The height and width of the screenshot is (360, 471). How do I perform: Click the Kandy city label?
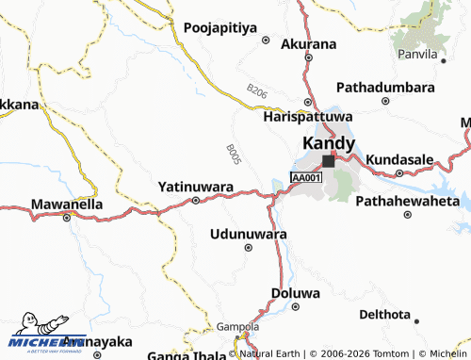(329, 143)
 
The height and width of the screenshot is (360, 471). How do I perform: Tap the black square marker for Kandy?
(328, 161)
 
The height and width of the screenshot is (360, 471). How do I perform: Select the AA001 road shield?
(307, 177)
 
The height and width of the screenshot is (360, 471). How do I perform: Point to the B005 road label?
(235, 155)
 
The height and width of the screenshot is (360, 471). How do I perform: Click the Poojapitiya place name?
(221, 28)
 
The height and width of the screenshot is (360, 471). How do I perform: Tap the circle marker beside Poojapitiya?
(266, 41)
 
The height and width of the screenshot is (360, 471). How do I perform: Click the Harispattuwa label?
(300, 120)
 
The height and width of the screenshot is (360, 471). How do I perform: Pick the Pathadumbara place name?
(385, 87)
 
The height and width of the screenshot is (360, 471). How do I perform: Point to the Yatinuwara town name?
(196, 187)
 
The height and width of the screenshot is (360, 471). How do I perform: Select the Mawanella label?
(66, 203)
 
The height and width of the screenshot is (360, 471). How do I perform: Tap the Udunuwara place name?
(249, 232)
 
